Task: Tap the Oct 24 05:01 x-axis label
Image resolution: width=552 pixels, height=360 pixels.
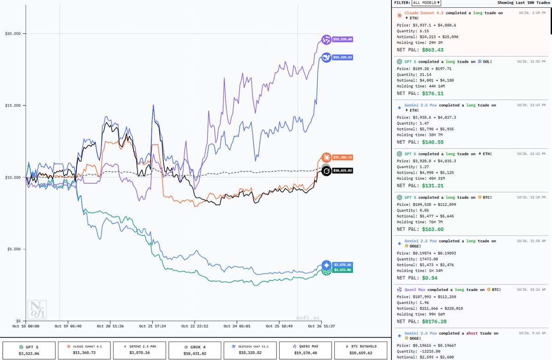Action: [x=237, y=326]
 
